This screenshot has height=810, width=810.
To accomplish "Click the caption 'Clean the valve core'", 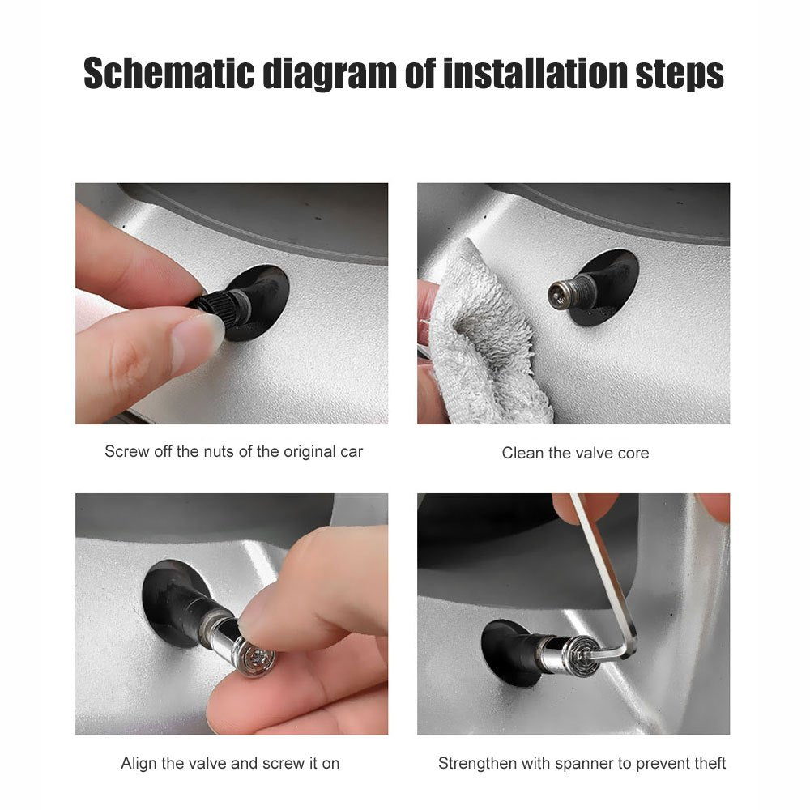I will pyautogui.click(x=575, y=453).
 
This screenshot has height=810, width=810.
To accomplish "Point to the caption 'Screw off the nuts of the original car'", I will pyautogui.click(x=233, y=451).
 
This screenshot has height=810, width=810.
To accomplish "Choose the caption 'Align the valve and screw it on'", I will pyautogui.click(x=230, y=763).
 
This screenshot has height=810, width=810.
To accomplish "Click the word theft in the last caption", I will pyautogui.click(x=707, y=763).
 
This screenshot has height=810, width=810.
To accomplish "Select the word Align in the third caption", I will pyautogui.click(x=139, y=763).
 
